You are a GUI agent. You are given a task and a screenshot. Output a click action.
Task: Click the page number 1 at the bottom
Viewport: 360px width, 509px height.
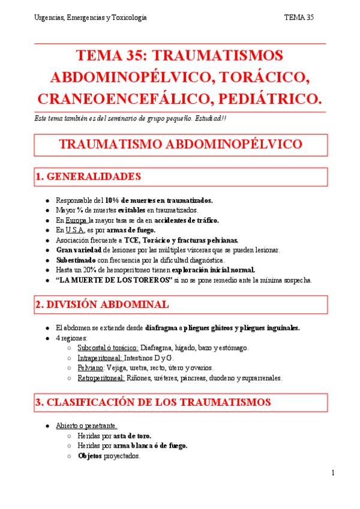coord(332,473)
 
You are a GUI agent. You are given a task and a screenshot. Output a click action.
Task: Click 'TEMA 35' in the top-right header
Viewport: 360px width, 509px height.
coord(299,17)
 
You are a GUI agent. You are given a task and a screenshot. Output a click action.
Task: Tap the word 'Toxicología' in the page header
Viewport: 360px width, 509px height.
coord(128,17)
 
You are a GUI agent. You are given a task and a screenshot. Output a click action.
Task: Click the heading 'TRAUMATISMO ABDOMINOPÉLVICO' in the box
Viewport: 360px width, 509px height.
coord(181,145)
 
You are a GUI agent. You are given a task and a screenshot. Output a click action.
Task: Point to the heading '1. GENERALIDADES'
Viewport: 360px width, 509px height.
coord(88,176)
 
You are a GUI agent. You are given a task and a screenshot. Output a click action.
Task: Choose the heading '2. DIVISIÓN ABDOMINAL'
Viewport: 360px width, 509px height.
coord(101,305)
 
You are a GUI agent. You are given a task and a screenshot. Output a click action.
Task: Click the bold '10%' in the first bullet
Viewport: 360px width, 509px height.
coord(113,200)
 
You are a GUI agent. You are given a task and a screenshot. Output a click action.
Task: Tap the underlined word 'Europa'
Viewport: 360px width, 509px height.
coord(75,220)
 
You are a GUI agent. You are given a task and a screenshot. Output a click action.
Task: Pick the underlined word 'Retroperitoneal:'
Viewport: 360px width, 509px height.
coord(101,378)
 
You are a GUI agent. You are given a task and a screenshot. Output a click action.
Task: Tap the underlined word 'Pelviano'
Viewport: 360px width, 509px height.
coord(91,367)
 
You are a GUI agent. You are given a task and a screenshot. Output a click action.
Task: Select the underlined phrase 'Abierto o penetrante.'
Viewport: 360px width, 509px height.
coord(86,426)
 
